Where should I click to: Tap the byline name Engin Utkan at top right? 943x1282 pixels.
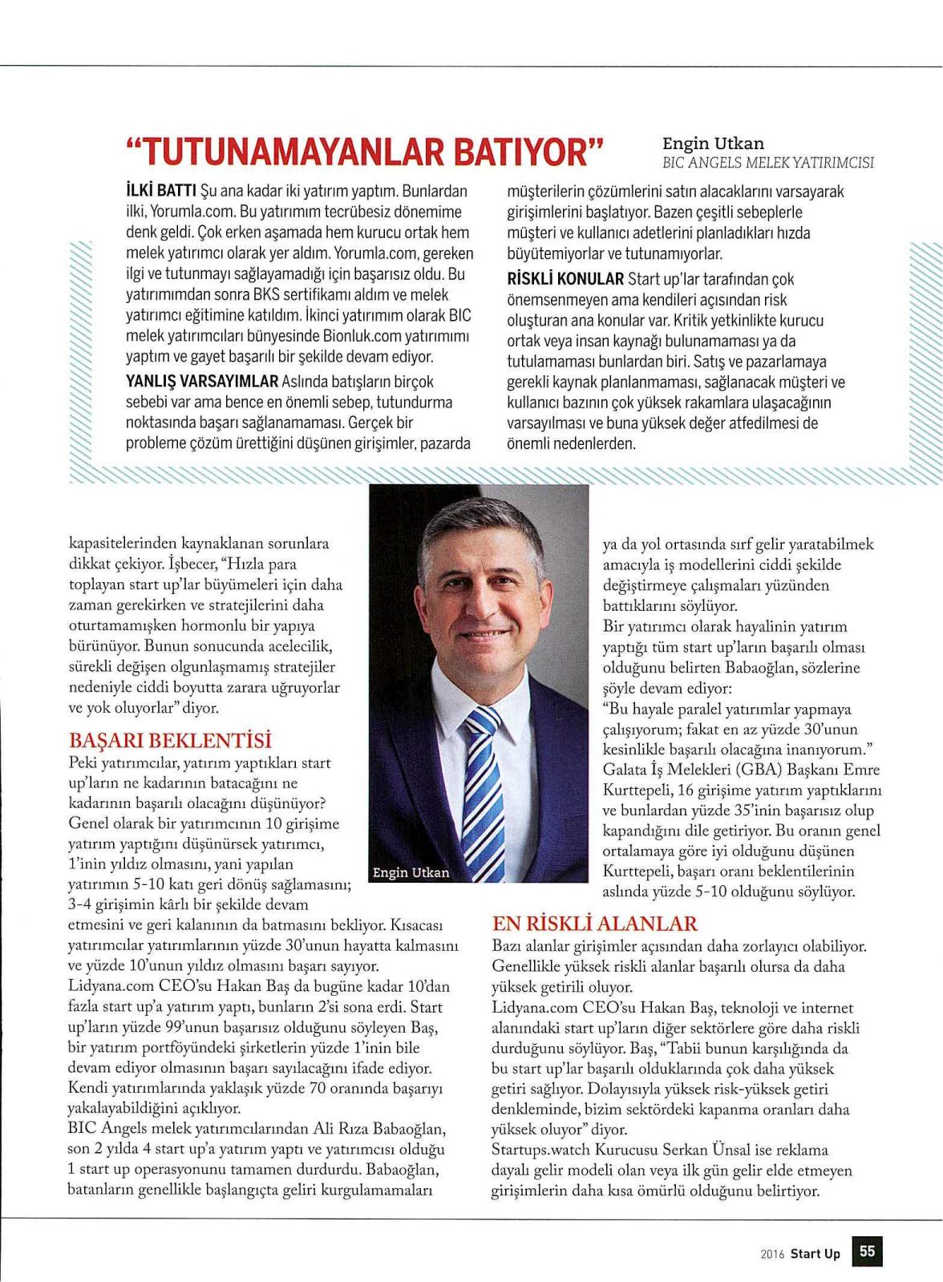(x=713, y=144)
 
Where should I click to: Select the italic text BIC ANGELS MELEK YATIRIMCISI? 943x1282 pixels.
(x=767, y=163)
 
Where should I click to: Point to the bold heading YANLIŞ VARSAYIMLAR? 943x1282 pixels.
(x=202, y=382)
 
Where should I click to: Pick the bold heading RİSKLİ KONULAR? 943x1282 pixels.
(x=565, y=279)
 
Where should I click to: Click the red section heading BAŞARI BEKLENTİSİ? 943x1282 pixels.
(x=170, y=740)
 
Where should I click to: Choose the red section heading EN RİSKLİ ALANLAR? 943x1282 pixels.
(x=594, y=924)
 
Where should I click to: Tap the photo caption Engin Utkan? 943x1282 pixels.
(x=411, y=872)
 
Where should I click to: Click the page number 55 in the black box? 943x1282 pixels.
(x=868, y=1252)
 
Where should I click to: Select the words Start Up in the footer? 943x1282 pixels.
(x=815, y=1253)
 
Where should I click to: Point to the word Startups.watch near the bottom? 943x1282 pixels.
(x=540, y=1151)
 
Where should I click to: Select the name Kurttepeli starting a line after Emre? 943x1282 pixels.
(x=637, y=790)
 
